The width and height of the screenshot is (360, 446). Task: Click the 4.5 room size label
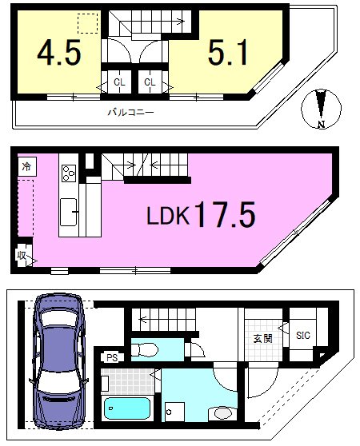tap(59, 53)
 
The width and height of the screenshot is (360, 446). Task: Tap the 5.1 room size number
tap(228, 53)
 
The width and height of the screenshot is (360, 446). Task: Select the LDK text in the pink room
tap(168, 215)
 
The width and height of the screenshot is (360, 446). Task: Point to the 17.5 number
tap(225, 214)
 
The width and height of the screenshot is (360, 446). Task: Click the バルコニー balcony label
tap(130, 113)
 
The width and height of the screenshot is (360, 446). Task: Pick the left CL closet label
tap(119, 82)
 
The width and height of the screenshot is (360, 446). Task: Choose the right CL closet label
tap(150, 82)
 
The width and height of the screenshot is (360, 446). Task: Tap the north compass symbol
tap(322, 109)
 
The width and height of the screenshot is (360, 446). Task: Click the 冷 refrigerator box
tap(26, 167)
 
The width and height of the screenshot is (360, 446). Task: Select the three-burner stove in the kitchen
tap(69, 173)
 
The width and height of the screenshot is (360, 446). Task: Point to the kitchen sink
tap(68, 212)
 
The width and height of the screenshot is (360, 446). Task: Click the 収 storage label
tap(22, 256)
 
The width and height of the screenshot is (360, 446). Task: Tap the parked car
tap(58, 361)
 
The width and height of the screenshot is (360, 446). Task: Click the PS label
tap(112, 358)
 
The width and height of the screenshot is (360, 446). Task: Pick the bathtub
tap(127, 408)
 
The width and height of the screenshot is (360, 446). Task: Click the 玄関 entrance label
tap(263, 339)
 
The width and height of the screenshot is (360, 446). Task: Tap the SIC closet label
tap(302, 336)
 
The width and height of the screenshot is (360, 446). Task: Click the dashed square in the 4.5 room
tap(88, 23)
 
